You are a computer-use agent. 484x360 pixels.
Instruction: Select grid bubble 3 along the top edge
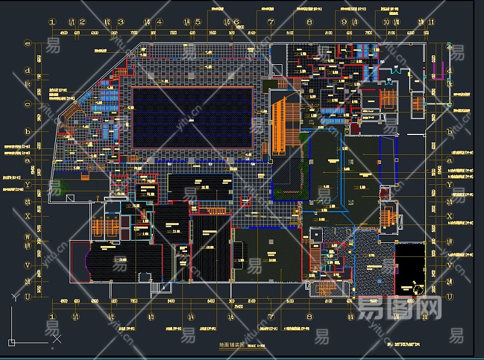[x=121, y=22]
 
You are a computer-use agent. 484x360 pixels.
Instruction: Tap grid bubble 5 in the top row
[x=197, y=22]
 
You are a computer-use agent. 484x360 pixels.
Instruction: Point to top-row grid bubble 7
[x=270, y=22]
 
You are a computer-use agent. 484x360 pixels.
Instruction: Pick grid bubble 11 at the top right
[x=431, y=22]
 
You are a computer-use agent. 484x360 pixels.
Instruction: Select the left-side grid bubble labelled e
[x=27, y=43]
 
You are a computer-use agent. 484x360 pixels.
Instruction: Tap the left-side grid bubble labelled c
[x=27, y=104]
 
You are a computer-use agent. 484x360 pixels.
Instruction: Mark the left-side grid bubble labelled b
[x=27, y=131]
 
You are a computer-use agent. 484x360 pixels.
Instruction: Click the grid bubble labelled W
[x=27, y=236]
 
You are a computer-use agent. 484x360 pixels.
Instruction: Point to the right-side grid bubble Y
[x=450, y=185]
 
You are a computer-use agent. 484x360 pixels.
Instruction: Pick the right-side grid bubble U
[x=450, y=296]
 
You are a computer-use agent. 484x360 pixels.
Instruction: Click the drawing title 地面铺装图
[x=234, y=346]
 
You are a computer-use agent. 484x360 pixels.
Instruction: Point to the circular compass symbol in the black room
[x=417, y=290]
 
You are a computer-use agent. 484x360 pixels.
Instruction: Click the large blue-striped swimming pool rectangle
[x=192, y=118]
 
